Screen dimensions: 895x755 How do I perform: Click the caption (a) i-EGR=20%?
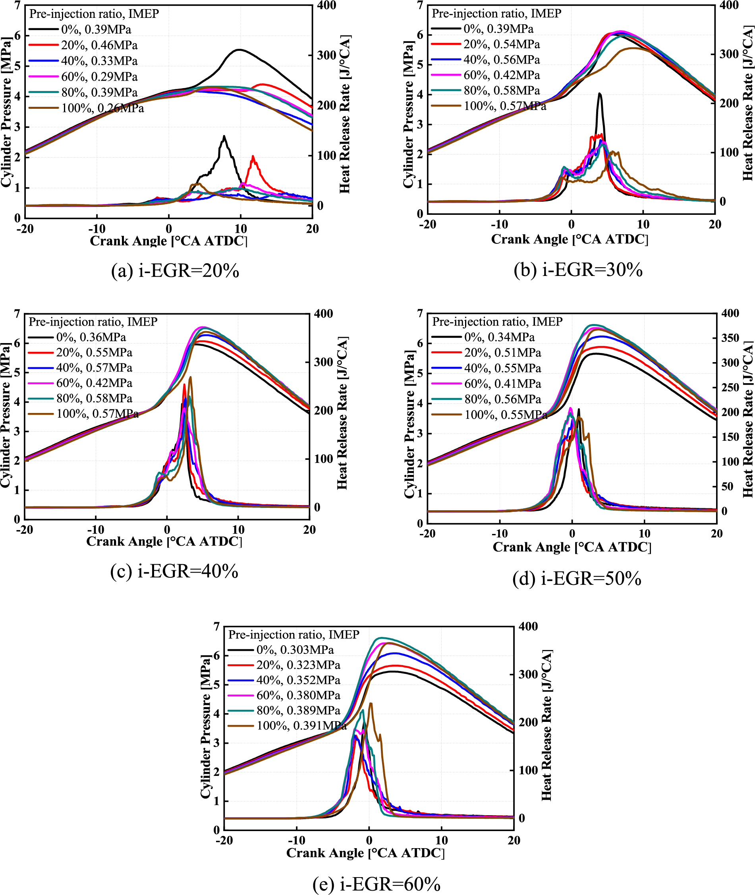175,271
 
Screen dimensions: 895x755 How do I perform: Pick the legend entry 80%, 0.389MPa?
298,710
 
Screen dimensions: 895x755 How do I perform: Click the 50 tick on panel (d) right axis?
727,486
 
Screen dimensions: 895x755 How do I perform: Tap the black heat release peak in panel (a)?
224,137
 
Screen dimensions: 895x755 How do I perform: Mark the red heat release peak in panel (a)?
253,156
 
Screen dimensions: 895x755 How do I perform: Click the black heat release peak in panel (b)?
600,94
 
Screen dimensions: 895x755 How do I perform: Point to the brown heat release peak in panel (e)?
371,703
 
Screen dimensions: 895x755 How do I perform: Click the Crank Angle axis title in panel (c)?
164,541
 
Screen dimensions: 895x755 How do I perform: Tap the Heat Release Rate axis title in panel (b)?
747,103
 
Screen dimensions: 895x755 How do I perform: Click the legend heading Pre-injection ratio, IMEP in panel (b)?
496,13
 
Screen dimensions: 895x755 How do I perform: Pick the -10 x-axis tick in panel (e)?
297,840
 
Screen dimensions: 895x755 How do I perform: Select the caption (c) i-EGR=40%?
174,571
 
